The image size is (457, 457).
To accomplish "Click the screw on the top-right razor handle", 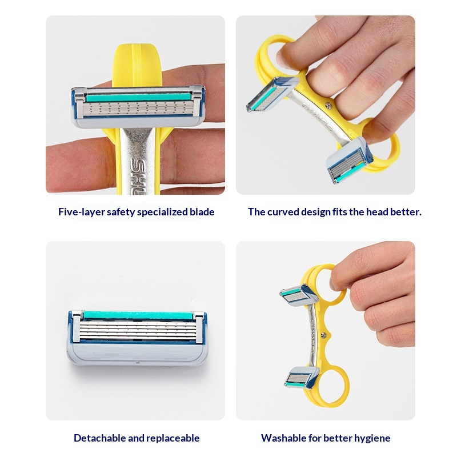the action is [328, 106].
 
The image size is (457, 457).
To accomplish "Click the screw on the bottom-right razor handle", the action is [323, 335].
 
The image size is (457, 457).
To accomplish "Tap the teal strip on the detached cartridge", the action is [138, 316].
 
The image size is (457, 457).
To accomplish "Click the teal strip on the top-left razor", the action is [138, 97].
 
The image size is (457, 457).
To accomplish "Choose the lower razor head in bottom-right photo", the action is [302, 378].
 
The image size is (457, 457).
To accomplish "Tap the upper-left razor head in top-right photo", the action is [272, 94].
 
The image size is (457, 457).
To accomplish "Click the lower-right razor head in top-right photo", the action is [349, 160].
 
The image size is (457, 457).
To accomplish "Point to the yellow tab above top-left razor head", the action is [137, 66].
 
